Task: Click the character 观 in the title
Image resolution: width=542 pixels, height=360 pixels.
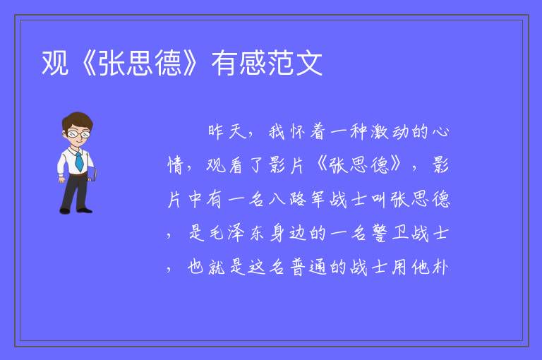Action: [54, 63]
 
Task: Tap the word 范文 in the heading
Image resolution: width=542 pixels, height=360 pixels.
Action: [295, 63]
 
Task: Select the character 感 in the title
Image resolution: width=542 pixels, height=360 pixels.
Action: [253, 63]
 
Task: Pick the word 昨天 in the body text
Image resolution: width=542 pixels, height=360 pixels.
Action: [227, 131]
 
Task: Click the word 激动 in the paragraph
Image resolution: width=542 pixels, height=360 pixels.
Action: [390, 131]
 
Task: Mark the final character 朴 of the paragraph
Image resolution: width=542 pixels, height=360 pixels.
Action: [440, 267]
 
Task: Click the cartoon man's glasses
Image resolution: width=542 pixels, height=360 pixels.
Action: [78, 134]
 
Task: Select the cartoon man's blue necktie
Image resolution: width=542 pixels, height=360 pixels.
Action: [79, 162]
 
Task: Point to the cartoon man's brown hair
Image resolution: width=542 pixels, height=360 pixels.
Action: [78, 120]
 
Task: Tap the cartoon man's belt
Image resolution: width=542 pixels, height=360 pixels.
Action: [77, 174]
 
